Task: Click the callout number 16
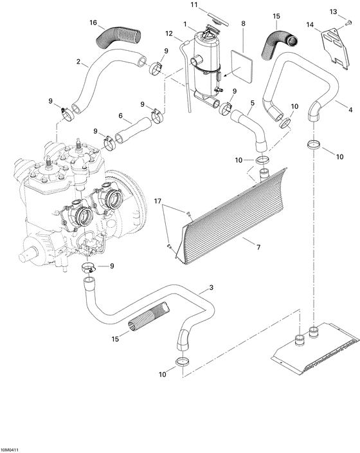93,23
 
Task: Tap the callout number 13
333,12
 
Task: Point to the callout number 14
311,25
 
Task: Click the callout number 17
157,202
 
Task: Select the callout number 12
169,33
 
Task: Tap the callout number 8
243,24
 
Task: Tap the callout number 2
78,62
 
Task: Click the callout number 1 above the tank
185,24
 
